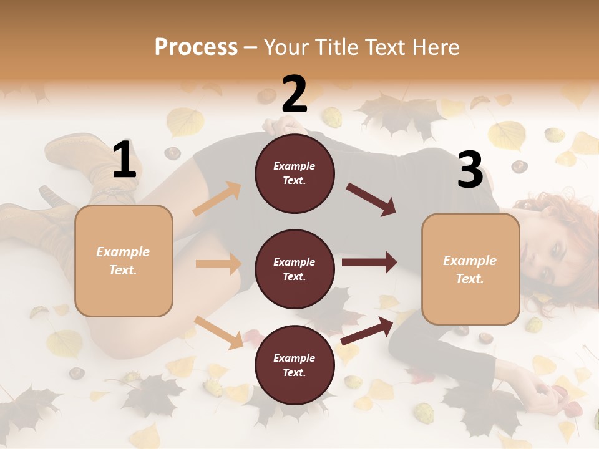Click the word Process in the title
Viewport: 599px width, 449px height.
[x=196, y=47]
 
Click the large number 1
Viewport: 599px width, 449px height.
[x=124, y=160]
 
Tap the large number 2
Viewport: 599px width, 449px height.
[x=295, y=94]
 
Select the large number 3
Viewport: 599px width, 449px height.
[x=470, y=170]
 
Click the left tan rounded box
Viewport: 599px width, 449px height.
[x=124, y=261]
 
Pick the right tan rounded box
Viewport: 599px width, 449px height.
[x=470, y=269]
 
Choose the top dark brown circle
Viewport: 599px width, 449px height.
[x=295, y=173]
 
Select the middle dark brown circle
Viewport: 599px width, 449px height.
[x=295, y=269]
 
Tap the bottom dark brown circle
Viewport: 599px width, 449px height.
[x=295, y=365]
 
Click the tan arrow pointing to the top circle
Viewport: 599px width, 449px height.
[x=217, y=199]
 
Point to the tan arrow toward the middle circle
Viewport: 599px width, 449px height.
[x=218, y=264]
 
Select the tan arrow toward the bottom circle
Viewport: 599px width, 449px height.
[x=219, y=332]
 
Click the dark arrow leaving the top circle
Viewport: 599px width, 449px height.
[x=371, y=199]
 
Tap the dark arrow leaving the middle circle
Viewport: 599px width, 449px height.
[x=369, y=263]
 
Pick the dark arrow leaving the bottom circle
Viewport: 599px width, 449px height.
[x=368, y=331]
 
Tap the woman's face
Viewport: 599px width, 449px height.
[x=552, y=262]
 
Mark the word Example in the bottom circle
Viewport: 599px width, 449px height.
[x=295, y=358]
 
